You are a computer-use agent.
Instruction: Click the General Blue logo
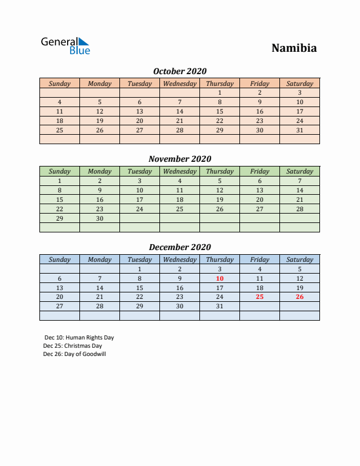65,46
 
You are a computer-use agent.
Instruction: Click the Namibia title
294,48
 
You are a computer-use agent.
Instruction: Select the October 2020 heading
179,71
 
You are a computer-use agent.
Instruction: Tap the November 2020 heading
179,159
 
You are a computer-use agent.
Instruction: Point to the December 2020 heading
179,247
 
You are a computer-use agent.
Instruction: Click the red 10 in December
219,278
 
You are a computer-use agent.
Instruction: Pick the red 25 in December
259,297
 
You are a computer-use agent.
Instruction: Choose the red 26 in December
299,297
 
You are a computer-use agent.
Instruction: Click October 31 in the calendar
299,130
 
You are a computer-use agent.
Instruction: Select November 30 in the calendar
99,218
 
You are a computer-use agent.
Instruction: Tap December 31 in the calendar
219,306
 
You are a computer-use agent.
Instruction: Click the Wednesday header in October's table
179,84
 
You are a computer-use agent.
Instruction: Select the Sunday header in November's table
59,171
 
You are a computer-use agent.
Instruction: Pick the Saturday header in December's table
299,259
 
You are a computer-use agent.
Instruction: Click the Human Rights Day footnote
79,338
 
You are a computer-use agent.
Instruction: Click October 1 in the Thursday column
219,92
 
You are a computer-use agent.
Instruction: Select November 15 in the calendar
59,199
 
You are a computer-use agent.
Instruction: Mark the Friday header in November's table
259,171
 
